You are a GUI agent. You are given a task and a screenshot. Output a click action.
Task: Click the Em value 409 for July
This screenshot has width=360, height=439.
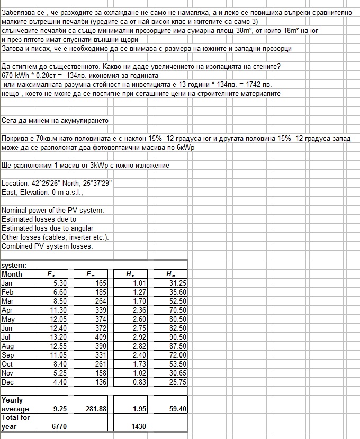point(100,337)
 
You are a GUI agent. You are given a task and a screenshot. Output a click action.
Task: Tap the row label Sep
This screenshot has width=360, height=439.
point(8,355)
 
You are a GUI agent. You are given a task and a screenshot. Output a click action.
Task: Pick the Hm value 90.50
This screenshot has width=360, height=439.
point(177,337)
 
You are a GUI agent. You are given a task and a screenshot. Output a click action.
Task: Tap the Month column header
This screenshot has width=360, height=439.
point(12,274)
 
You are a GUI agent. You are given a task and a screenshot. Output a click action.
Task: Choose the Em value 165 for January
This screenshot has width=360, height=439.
point(100,283)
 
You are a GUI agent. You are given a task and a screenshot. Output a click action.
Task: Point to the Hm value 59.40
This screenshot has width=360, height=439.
point(177,409)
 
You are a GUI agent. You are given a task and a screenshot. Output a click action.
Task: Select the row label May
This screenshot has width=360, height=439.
point(8,319)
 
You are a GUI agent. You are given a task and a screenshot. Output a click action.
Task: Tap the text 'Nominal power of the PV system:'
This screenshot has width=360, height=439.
point(53,210)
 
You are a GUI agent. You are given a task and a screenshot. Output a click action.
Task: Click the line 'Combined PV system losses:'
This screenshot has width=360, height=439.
point(47,246)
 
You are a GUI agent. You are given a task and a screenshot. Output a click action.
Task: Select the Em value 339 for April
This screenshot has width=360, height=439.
point(100,310)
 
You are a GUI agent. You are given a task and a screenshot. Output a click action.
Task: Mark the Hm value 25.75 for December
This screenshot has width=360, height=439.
point(177,382)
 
